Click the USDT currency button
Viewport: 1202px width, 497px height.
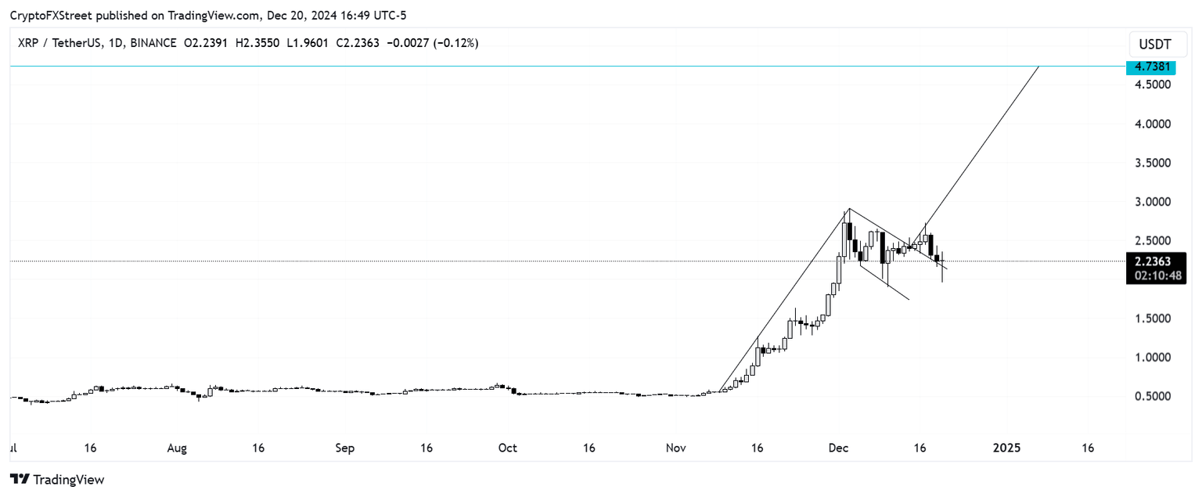1154,44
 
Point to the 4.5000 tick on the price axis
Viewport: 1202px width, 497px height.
1153,85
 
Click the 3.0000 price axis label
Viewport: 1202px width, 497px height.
1153,202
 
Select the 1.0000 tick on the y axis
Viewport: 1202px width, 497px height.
1153,358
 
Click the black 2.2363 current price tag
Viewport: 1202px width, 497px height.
1153,261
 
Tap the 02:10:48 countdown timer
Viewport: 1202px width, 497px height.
1153,276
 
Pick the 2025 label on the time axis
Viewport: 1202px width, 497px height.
1007,448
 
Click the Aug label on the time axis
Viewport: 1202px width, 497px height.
178,448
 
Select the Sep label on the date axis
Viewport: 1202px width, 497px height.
345,448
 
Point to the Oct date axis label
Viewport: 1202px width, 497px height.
508,448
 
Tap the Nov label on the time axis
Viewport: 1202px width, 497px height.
676,448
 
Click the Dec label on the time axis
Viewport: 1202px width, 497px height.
839,448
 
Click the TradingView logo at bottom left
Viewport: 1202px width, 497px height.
57,479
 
